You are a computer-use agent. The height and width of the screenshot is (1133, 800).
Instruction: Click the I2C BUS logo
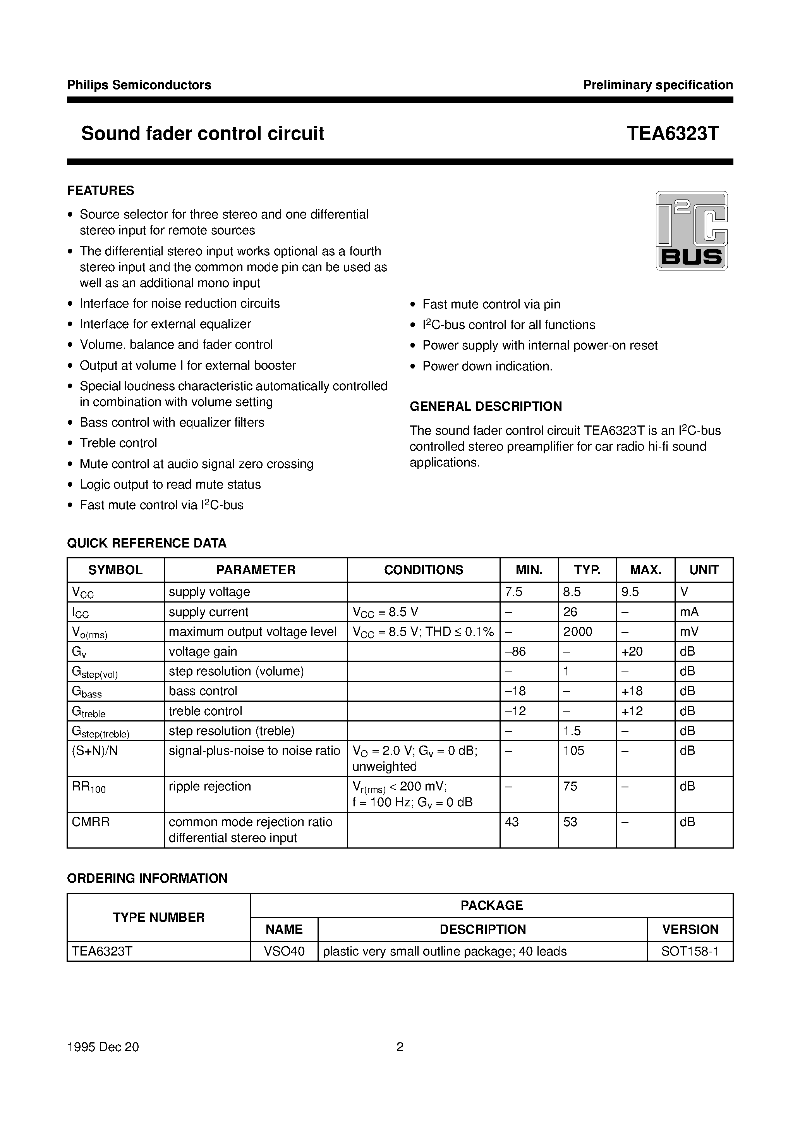pos(691,231)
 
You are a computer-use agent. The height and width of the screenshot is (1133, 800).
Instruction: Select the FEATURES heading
pos(101,191)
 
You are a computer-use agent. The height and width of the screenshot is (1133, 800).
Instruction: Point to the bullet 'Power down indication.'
pos(487,366)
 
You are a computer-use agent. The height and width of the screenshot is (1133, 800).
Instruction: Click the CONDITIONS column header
pos(423,570)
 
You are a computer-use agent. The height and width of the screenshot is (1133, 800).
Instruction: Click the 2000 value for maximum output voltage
pos(578,632)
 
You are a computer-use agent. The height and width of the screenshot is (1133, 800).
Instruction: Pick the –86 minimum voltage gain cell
pos(515,651)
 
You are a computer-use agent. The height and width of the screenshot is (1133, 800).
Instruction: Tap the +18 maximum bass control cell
pos(632,691)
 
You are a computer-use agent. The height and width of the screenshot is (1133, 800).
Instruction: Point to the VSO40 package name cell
pos(284,951)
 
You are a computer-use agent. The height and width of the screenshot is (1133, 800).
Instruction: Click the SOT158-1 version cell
pos(690,951)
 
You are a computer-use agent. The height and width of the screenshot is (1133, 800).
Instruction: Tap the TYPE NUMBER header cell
pos(158,917)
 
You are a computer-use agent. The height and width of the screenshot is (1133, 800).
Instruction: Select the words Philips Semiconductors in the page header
pos(139,85)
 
